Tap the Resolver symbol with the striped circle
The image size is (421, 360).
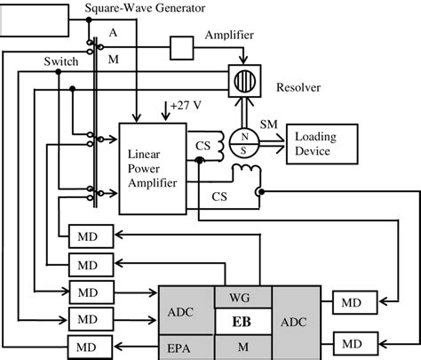click(x=243, y=79)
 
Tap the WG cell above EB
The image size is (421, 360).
click(x=242, y=296)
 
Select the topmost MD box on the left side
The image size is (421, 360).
click(x=88, y=236)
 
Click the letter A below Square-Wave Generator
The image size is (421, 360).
click(x=112, y=31)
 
